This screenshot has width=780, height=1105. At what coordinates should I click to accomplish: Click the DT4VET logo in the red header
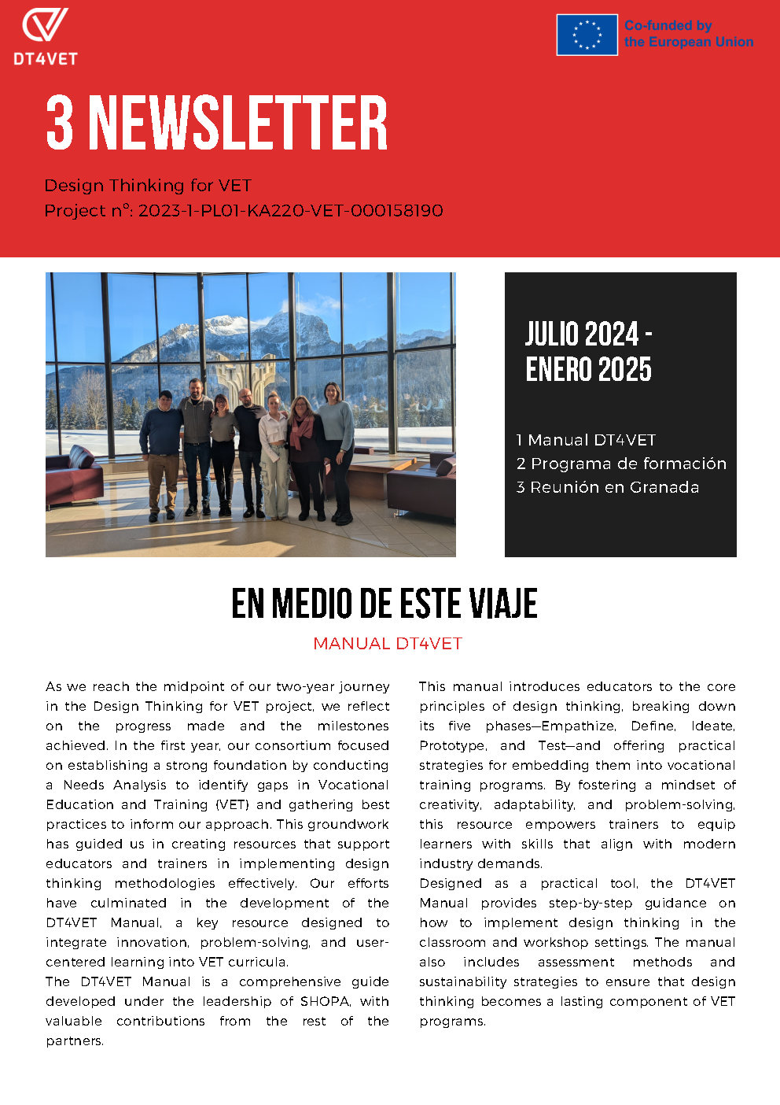click(x=45, y=35)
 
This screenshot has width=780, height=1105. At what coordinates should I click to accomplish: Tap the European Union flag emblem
click(x=587, y=35)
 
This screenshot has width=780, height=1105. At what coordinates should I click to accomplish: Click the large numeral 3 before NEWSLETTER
click(x=60, y=123)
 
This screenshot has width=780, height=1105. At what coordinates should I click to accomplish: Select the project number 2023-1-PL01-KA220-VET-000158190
click(x=290, y=211)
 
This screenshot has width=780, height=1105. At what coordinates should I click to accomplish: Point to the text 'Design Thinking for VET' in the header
click(x=148, y=186)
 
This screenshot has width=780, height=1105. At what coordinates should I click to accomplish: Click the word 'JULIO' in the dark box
click(x=552, y=334)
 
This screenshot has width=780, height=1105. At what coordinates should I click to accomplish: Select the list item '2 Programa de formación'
click(x=621, y=464)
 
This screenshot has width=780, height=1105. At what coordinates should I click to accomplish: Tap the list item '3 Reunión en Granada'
click(x=608, y=487)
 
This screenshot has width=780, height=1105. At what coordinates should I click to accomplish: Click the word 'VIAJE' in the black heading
click(x=504, y=604)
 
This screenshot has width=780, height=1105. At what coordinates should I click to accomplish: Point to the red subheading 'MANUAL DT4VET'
click(x=388, y=644)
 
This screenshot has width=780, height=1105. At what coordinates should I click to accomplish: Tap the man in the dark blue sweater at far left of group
click(x=162, y=453)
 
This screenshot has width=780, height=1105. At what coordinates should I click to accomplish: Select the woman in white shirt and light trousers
click(x=274, y=456)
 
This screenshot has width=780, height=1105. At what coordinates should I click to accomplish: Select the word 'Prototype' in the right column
click(x=452, y=745)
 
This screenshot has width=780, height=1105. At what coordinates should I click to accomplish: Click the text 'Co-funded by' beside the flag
click(x=668, y=26)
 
